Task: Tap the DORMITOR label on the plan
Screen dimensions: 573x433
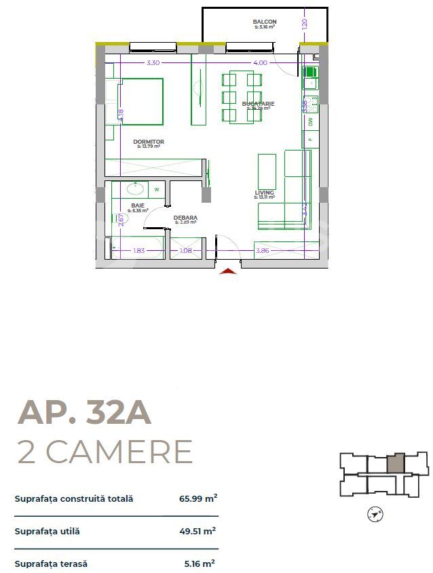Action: (150, 142)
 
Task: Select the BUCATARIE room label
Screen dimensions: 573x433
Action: (258, 104)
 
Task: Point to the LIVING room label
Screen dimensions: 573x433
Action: (264, 193)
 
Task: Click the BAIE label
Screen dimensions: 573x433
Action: (138, 205)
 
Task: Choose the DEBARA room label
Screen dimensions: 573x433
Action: (185, 218)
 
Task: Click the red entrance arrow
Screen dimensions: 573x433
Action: (229, 272)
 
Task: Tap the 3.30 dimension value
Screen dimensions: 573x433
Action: (153, 62)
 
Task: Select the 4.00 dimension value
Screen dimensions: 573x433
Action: (260, 62)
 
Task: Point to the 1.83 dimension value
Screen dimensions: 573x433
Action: (138, 251)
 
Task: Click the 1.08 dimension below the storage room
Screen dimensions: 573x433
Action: (185, 251)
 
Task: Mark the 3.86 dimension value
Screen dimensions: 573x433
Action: (262, 251)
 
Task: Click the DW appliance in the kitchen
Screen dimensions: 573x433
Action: (310, 122)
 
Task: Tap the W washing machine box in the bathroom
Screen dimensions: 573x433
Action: (157, 190)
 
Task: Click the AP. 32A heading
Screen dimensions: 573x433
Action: (84, 412)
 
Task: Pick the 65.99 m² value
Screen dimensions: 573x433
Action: (197, 498)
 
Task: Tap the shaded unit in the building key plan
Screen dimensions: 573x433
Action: (396, 464)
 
